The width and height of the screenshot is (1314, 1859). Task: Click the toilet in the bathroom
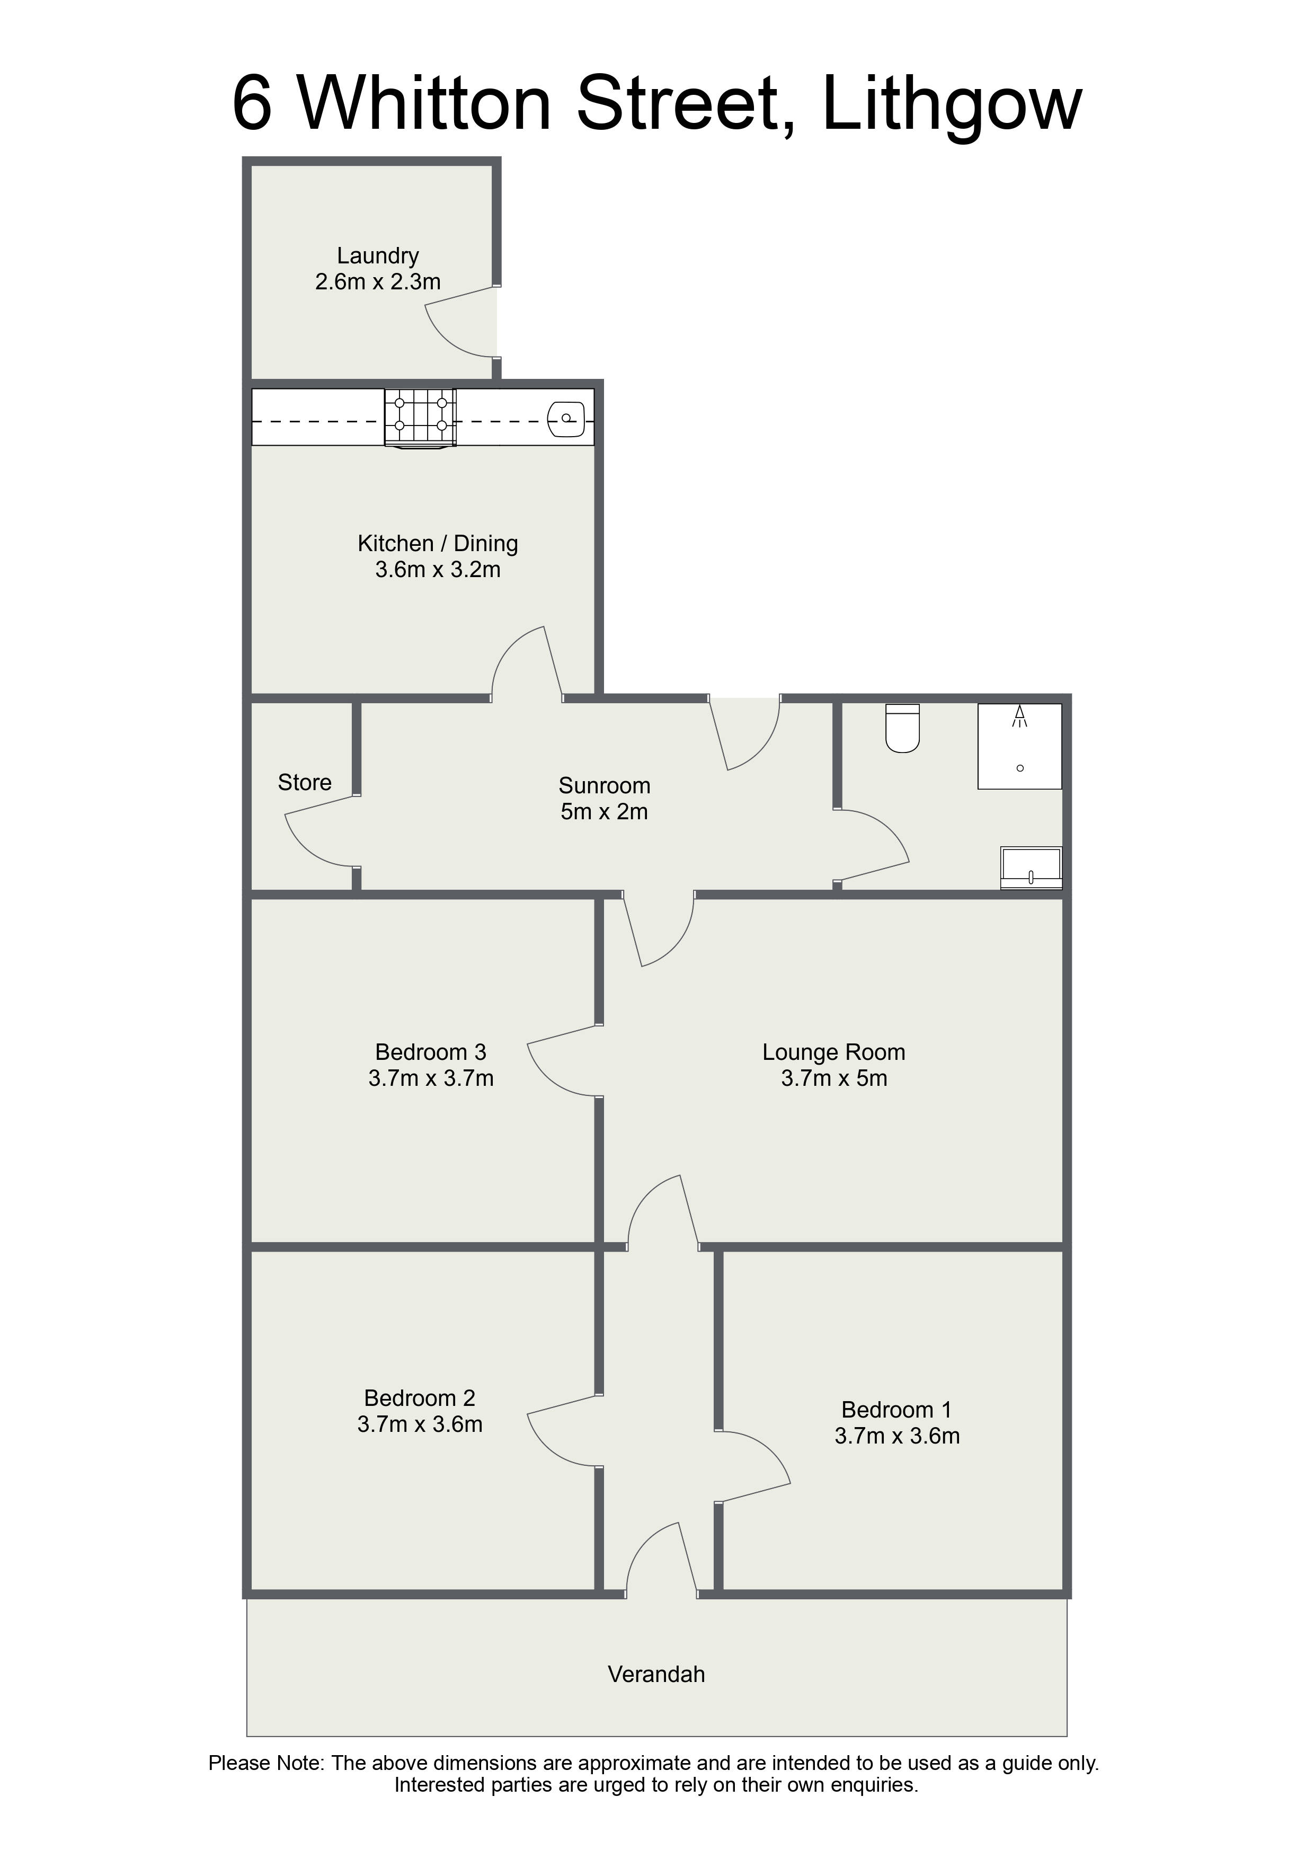903,728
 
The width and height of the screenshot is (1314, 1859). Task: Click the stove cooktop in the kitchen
420,418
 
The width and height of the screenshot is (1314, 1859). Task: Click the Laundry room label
378,256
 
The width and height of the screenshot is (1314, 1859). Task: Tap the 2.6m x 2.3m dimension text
378,282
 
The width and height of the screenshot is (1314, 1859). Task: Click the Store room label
305,782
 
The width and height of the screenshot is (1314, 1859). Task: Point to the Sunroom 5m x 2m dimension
605,811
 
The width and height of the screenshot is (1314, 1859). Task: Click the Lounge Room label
834,1052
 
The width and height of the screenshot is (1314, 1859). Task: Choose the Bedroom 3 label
431,1052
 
